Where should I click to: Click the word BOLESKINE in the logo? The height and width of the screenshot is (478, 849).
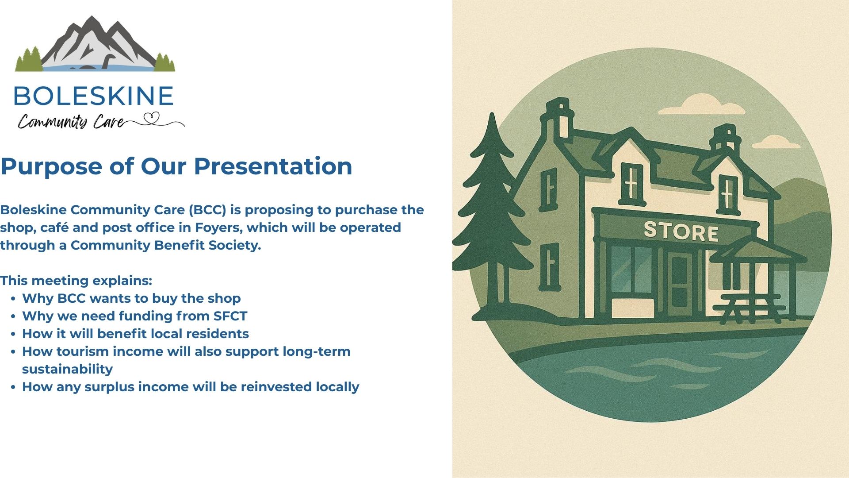pos(93,96)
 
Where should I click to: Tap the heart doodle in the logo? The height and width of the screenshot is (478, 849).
pos(152,118)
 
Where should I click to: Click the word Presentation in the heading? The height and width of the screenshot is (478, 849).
pos(273,166)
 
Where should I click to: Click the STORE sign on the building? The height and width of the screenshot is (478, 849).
pos(681,231)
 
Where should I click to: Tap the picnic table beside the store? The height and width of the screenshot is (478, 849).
pos(749,307)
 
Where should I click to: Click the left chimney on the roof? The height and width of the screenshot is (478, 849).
pos(558,119)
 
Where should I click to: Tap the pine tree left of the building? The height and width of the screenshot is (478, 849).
pos(492,212)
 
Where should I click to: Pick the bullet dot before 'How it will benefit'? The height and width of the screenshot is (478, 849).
pos(13,334)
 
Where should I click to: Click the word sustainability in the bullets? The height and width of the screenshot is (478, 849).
pos(67,369)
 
